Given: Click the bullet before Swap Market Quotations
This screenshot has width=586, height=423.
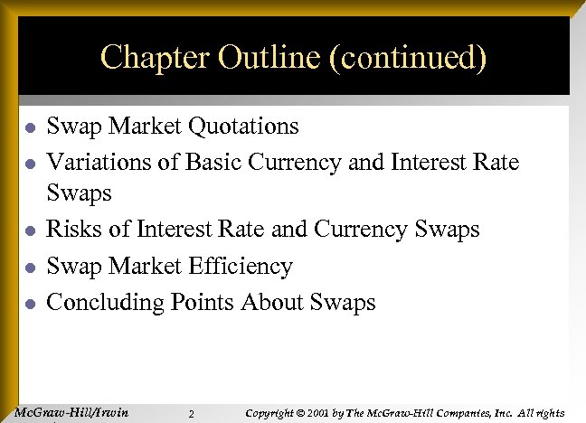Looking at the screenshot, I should point(30,127).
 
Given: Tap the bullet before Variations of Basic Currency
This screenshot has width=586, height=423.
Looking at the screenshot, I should point(30,164).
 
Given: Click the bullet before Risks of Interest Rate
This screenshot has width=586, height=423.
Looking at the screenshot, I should point(30,231).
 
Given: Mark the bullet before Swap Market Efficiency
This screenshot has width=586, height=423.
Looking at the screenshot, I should point(30,268).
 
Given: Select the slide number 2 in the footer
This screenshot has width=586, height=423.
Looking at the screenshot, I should point(192,415).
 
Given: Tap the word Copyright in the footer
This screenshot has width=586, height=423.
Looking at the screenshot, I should point(274,413).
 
